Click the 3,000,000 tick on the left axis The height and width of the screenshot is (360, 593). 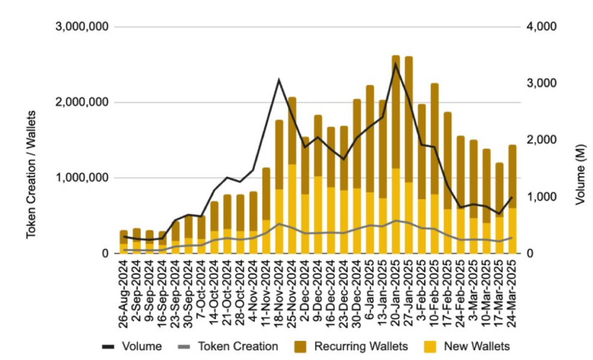[82, 27]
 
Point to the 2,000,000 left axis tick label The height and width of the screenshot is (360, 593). [82, 102]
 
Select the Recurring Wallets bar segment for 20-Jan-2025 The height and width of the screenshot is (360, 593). [396, 111]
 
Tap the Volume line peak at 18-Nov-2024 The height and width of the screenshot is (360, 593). [279, 79]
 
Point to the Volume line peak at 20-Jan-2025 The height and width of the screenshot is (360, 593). [396, 64]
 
